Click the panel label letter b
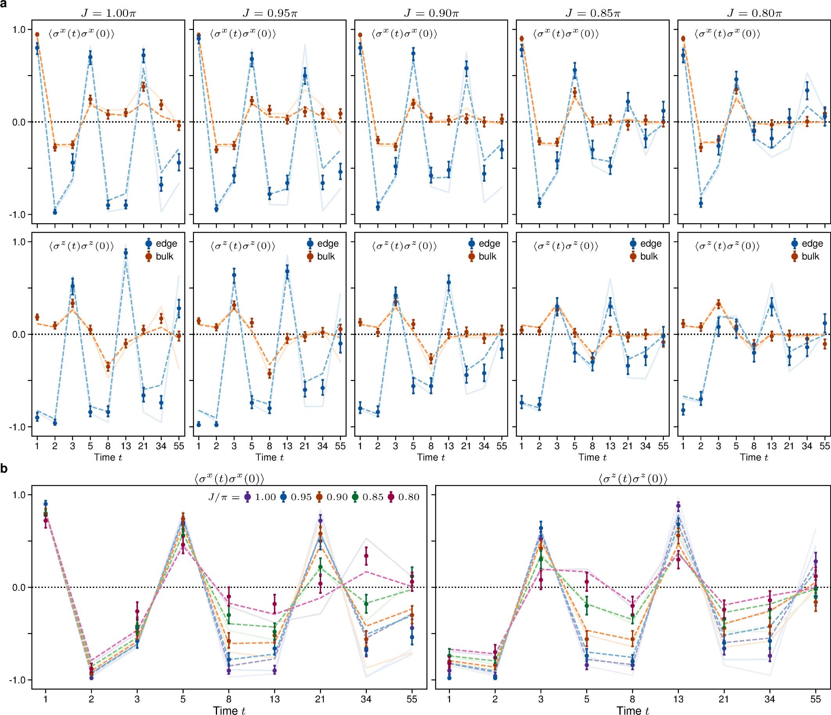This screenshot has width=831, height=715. point(4,469)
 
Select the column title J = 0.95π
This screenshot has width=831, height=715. point(270,13)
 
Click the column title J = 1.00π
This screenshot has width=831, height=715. point(108,13)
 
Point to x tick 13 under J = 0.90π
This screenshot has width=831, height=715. point(449,446)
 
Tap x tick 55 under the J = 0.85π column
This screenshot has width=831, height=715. point(663,446)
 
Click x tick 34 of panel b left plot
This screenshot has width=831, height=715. point(366,699)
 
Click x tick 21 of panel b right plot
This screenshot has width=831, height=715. point(724,699)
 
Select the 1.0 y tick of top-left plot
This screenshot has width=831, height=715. point(18,30)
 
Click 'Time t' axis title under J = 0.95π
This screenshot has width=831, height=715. point(270,457)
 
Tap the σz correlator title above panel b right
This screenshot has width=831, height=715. point(632,478)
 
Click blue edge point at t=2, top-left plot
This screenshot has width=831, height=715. point(55,212)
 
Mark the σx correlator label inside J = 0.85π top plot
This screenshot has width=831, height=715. point(565,34)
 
